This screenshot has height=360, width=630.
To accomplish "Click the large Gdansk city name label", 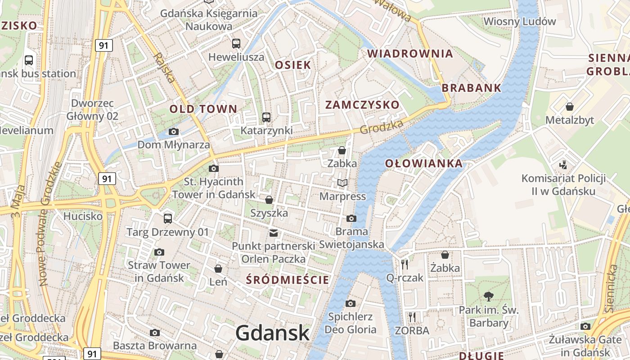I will (273, 333).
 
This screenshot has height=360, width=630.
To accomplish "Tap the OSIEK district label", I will (293, 65).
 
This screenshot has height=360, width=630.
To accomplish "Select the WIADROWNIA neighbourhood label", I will (410, 54).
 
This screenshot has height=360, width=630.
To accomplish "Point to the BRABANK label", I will (472, 88).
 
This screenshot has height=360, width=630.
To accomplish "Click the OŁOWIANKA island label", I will (424, 163).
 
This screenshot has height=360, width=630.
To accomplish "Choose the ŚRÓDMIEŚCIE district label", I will (288, 280).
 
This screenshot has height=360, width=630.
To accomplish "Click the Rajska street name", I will (164, 67).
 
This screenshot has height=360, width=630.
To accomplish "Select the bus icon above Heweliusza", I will (236, 44).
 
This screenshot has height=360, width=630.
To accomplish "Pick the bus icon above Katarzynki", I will (266, 117).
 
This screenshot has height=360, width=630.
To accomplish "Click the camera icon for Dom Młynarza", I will (173, 132).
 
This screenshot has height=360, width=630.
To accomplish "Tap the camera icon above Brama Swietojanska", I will (351, 219).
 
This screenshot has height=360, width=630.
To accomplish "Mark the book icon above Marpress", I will (342, 183).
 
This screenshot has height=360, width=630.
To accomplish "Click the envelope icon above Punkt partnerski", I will (273, 233).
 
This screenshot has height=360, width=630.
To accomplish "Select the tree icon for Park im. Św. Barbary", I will (488, 296).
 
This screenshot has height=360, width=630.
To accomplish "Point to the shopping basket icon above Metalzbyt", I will (570, 107).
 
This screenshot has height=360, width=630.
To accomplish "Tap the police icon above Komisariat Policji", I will (563, 165).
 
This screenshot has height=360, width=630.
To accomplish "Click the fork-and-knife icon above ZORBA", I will (412, 317).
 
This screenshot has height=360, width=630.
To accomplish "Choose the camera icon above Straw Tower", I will (159, 252).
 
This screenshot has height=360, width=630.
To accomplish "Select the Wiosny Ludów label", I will (520, 21).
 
